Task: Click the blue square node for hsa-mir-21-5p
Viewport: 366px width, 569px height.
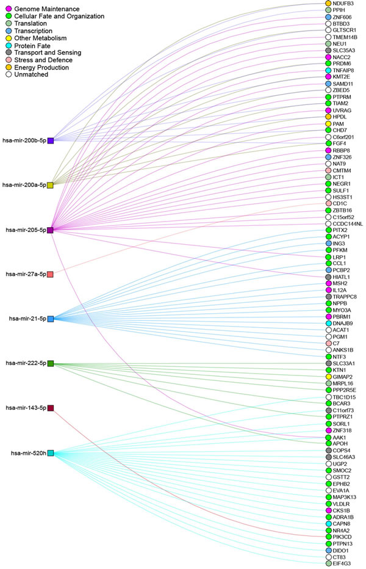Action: click(51, 319)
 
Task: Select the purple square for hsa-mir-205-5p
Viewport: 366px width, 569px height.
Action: click(51, 230)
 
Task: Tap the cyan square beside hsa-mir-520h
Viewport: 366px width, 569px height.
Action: click(51, 453)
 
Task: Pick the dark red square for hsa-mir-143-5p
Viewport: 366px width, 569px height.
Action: click(51, 408)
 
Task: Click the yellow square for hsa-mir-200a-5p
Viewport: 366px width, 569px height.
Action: click(51, 184)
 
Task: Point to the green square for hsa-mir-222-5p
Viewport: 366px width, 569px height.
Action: click(51, 364)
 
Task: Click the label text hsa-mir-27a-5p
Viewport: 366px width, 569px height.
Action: click(25, 274)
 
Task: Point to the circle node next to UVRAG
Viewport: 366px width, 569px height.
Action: click(328, 110)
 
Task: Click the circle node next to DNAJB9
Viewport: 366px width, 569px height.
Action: click(328, 323)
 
